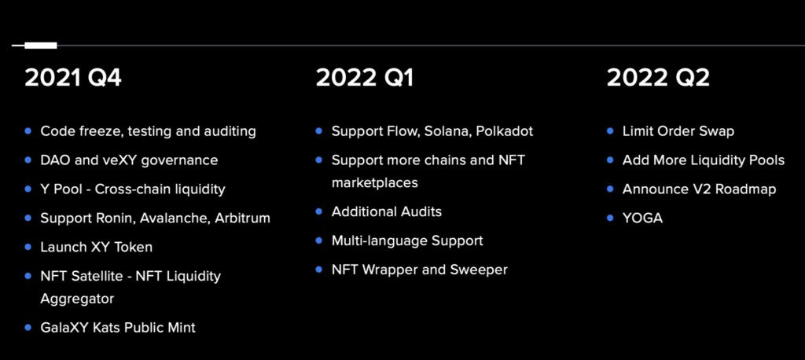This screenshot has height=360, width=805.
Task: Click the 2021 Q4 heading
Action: tap(73, 78)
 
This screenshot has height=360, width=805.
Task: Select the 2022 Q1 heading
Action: tap(364, 78)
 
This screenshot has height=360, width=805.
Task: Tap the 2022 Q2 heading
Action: tap(658, 78)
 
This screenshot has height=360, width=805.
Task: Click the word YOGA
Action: tap(642, 219)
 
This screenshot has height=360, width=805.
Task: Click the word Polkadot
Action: tap(504, 131)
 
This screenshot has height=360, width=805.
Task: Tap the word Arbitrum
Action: tap(242, 219)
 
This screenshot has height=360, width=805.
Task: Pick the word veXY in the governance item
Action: tap(122, 160)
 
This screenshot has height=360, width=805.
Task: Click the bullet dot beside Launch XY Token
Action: tap(28, 247)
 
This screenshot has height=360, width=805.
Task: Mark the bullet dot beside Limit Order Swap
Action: tap(610, 131)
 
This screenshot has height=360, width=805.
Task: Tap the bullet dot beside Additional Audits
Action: tap(319, 211)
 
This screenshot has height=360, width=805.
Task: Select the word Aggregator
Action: tap(77, 299)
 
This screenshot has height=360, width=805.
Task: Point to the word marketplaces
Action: tap(375, 183)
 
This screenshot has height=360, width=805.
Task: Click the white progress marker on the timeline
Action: tap(41, 46)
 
